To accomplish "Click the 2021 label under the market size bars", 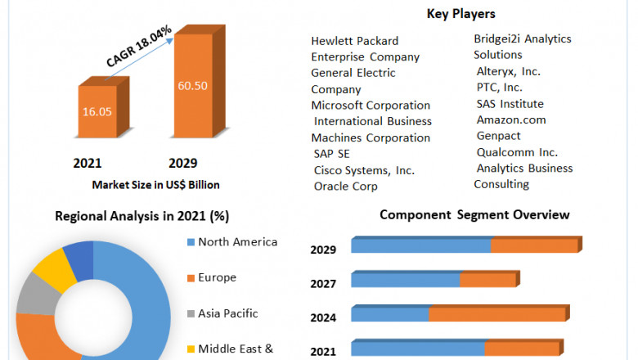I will coord(88,163).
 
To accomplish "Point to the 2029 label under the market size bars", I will coord(182,163).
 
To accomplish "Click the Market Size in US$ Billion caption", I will coord(155,184).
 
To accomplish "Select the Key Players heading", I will coord(461,14).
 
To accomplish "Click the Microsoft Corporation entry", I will coord(371,105).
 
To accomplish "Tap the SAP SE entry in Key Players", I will coord(331,154).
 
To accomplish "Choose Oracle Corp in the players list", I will coord(346,186).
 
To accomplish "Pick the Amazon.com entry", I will coord(511,119).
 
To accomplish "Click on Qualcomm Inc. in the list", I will coord(517,152).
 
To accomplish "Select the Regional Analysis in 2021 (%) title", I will coord(142,216).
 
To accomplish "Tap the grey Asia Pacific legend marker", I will coord(191,313).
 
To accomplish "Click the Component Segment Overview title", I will coord(474,214).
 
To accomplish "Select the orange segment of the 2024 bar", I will coord(497,314).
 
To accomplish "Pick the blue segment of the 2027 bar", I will coord(405,281).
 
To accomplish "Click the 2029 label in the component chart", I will coord(323,250).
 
